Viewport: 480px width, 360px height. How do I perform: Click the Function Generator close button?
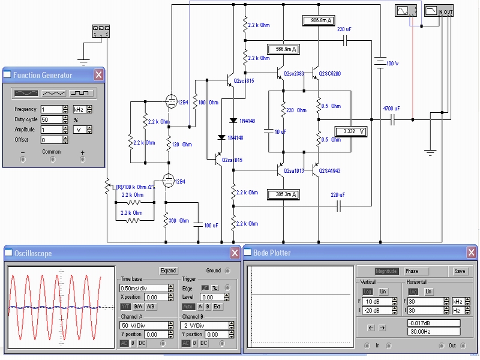coord(98,75)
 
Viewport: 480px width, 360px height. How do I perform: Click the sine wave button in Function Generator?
coord(26,93)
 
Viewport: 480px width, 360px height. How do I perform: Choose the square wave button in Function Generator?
coord(82,93)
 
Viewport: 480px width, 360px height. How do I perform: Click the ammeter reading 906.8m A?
coord(319,21)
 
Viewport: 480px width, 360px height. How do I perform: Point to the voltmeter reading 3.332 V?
coord(350,131)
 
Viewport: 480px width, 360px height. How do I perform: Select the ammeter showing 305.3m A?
coord(284,194)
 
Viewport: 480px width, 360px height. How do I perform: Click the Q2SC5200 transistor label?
coord(329,74)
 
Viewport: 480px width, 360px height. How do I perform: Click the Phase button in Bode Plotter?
coord(411,271)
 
